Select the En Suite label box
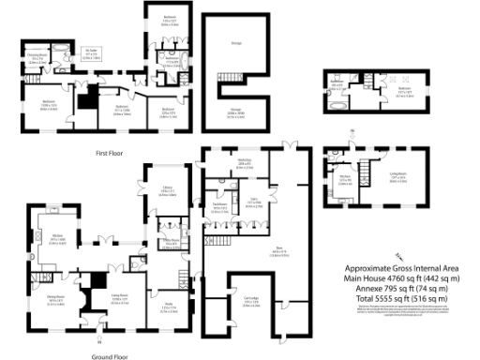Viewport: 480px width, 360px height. [91, 54]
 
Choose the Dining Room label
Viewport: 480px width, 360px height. [55, 300]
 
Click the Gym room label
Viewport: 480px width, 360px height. [253, 202]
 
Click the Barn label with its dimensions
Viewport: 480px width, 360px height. [279, 250]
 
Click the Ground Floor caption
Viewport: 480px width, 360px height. [110, 357]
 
